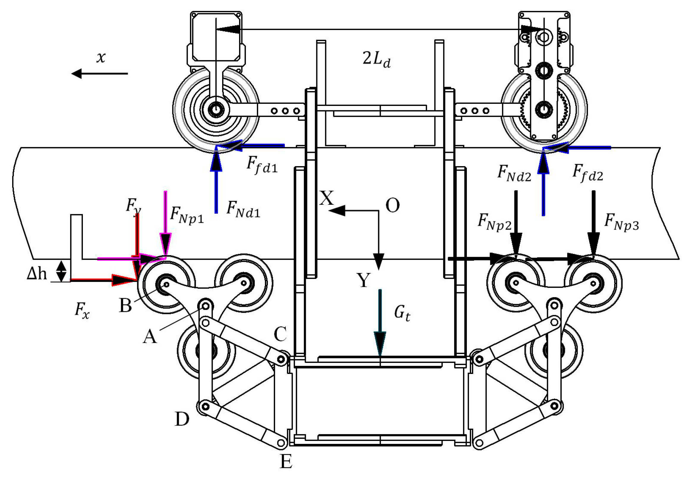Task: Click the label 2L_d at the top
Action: point(376,59)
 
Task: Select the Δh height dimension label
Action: point(37,274)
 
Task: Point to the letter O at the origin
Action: point(392,206)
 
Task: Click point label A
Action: point(150,336)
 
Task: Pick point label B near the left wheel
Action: point(125,306)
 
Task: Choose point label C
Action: point(280,334)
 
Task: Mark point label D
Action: point(182,419)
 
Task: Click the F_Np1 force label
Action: point(187,215)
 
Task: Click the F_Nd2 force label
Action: point(514,174)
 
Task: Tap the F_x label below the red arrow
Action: point(82,311)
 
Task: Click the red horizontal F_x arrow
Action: point(102,280)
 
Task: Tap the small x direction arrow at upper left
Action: point(99,73)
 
